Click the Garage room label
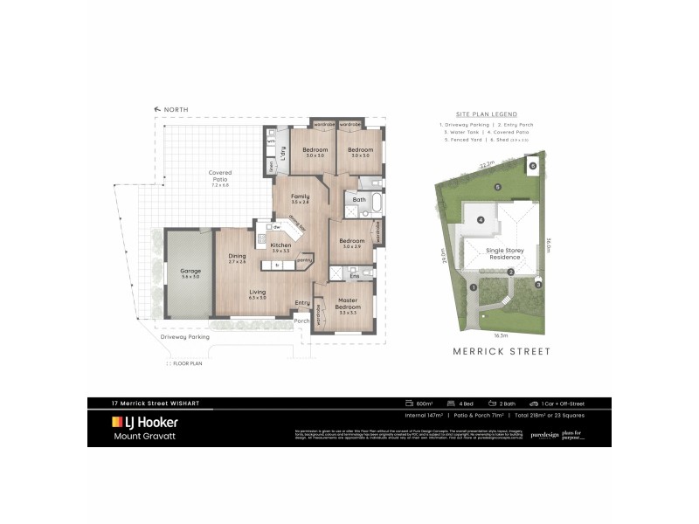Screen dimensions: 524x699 point(190,271)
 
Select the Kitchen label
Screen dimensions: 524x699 point(280,245)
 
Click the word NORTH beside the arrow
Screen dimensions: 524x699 point(176,109)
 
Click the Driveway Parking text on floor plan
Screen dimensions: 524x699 point(184,337)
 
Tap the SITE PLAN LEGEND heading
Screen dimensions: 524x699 point(487,114)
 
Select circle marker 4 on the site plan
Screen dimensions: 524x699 point(481,219)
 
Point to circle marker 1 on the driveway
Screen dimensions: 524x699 point(473,286)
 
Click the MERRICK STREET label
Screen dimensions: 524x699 point(500,351)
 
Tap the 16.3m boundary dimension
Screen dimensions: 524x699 point(500,334)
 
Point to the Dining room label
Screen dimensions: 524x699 point(237,258)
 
